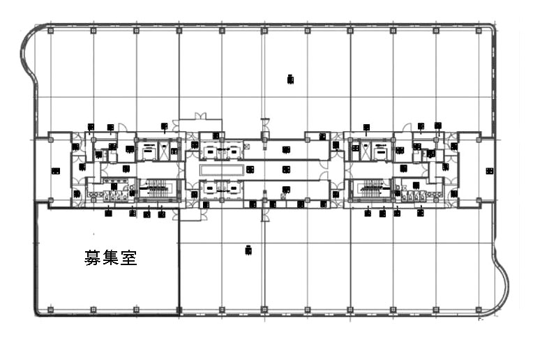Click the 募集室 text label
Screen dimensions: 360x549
[x=110, y=258]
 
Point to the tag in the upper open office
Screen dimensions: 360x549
[x=290, y=80]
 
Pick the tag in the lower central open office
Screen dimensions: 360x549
[x=248, y=249]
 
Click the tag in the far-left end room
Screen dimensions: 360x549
[x=55, y=170]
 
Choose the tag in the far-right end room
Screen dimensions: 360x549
[x=489, y=170]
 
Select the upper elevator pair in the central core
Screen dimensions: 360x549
[x=223, y=149]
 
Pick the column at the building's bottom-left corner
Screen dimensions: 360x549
[x=50, y=308]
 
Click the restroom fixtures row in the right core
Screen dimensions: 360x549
[x=416, y=196]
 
